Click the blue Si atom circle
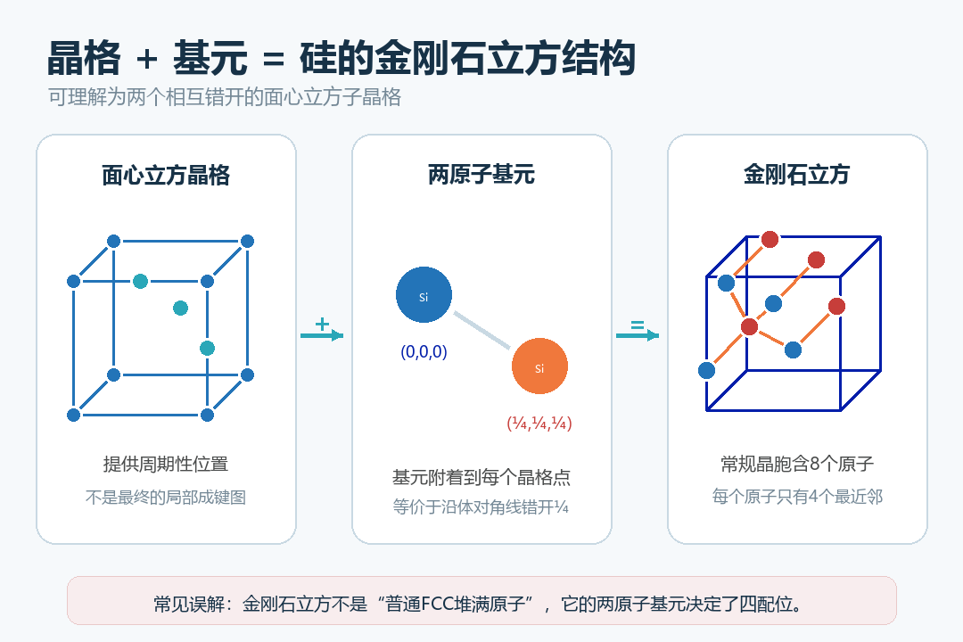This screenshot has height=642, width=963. (424, 295)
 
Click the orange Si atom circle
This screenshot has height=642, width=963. (539, 366)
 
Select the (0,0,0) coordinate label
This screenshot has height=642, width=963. (424, 352)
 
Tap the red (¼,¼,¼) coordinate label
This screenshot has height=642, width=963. (539, 424)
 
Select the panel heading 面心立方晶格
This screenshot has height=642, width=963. (166, 176)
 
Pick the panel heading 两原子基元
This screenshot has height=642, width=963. (481, 175)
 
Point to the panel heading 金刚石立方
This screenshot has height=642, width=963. (796, 175)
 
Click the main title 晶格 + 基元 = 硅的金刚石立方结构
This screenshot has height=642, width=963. (342, 58)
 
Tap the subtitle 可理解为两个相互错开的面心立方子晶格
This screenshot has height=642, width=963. (225, 97)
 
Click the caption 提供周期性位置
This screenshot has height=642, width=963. (166, 464)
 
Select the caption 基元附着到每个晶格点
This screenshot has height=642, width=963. (481, 477)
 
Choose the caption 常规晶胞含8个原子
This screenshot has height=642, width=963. (797, 464)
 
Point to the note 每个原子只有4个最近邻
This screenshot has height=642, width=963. (797, 497)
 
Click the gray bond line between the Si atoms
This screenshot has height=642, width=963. (482, 331)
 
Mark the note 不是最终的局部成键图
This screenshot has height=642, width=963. (166, 497)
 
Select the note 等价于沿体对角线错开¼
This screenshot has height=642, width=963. (481, 506)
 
